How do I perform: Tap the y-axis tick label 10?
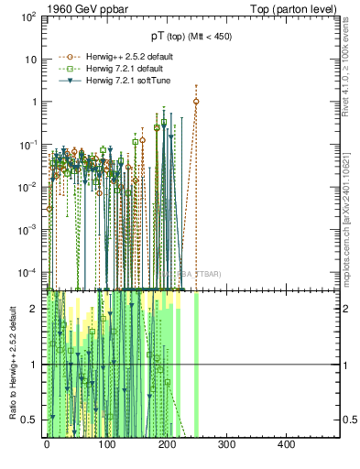(x=31, y=59)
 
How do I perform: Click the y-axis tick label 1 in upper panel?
(x=34, y=102)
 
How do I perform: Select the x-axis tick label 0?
(x=47, y=445)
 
